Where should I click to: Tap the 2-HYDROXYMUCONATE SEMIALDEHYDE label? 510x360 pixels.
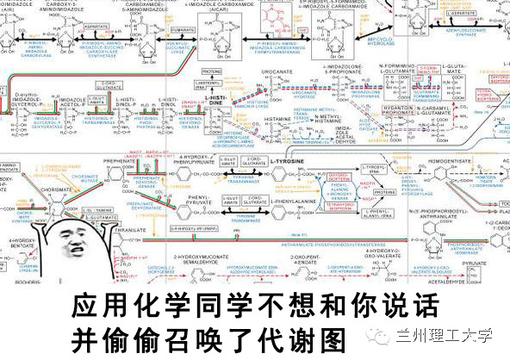[200, 261]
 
